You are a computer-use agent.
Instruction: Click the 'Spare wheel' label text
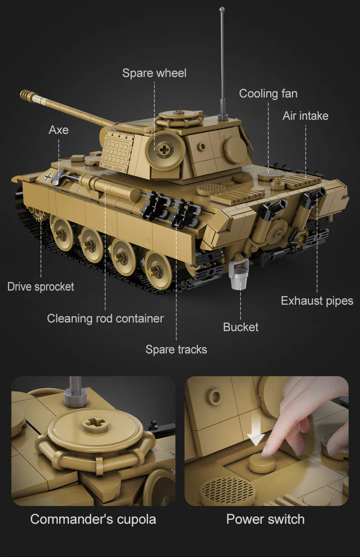coord(154,73)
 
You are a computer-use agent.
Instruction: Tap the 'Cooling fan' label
coord(268,94)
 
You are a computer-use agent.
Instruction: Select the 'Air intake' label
coord(305,116)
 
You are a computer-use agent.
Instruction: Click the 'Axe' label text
coord(58,130)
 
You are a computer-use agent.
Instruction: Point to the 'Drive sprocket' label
coord(41,286)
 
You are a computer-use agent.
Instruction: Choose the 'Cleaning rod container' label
coord(105,318)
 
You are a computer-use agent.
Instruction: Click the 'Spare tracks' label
coord(176,349)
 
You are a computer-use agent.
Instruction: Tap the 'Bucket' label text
coord(241,327)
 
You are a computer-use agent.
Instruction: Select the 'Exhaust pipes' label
coord(317,301)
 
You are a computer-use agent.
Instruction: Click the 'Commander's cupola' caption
coord(93,519)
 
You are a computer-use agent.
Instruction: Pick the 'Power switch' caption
coord(265,519)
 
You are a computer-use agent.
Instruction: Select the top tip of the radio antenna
coord(222,10)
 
